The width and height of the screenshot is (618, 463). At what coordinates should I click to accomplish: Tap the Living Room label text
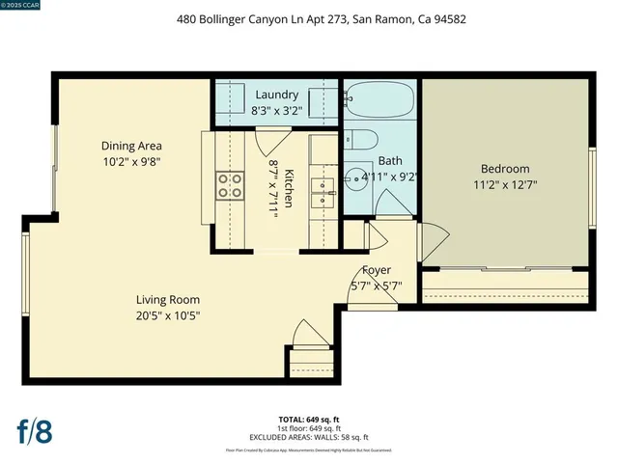point(168,299)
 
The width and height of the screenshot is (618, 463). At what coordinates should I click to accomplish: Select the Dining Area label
point(130,146)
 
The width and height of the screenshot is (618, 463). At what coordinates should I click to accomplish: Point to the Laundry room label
point(277,95)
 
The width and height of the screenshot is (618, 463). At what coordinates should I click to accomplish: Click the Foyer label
point(377,270)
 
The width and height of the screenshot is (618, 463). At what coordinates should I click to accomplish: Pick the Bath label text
point(390,161)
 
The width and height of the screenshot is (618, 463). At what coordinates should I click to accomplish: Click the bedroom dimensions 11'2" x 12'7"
point(505,183)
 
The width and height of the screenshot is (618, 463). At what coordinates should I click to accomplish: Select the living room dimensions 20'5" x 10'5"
point(168,314)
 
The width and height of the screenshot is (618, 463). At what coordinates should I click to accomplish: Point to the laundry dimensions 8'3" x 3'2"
point(277,110)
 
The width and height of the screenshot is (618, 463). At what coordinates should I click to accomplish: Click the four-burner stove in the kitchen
point(230,184)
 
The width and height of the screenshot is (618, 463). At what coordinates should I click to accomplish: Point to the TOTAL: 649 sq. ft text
point(309,420)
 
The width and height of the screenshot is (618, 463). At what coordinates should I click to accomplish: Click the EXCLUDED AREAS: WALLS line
point(309,437)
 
